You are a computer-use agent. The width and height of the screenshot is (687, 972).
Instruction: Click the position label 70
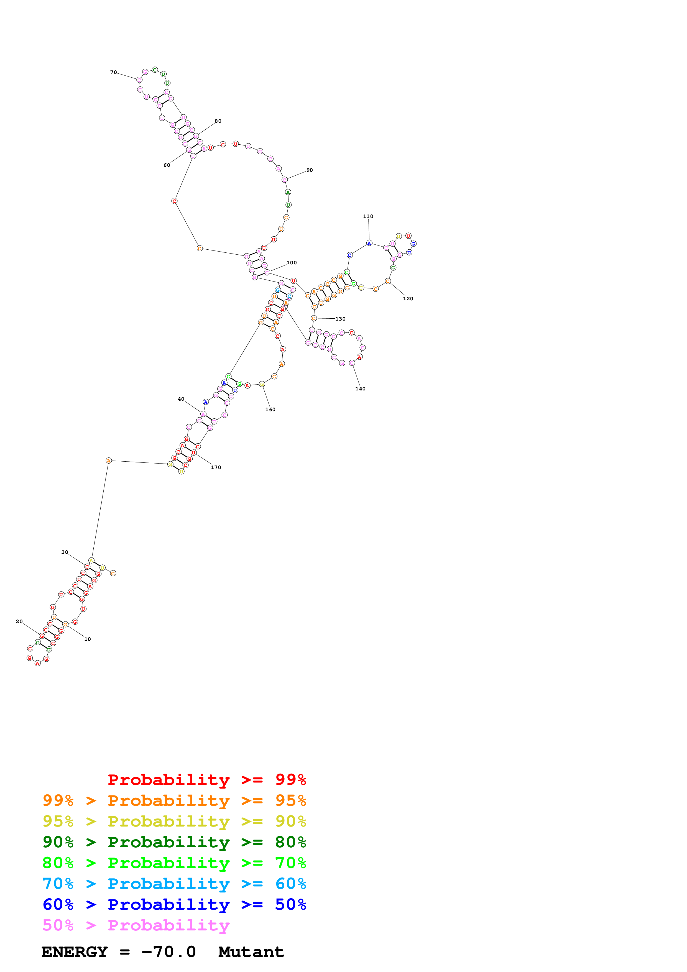113,72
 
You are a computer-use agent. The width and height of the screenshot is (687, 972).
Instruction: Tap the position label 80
218,121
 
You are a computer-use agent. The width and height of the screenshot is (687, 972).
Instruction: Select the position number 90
310,170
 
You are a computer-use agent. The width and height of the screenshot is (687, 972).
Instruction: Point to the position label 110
368,216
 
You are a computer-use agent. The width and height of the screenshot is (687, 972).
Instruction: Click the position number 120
408,298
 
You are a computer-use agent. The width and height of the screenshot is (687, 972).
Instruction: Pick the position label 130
340,319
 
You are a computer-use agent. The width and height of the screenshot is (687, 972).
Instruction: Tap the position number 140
360,389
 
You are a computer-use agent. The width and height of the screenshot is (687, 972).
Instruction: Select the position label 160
270,409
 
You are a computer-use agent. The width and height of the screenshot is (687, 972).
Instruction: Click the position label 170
216,467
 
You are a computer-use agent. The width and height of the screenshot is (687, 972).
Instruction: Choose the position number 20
19,621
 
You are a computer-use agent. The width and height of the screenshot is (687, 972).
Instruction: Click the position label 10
88,639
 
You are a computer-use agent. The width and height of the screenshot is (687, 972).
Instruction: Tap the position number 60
167,165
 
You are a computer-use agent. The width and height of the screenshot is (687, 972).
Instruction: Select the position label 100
292,262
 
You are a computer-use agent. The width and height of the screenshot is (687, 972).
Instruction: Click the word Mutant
251,952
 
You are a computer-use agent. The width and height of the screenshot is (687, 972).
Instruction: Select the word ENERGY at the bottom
75,952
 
